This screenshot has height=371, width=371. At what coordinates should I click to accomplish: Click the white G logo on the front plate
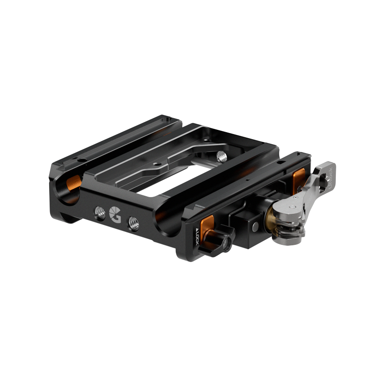pos(115,215)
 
